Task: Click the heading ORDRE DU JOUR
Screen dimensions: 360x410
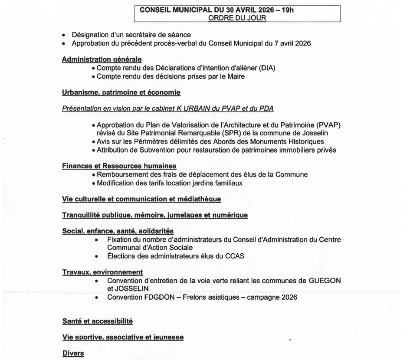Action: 237,17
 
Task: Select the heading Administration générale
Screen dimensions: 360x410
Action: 102,59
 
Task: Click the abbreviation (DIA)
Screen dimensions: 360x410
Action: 266,68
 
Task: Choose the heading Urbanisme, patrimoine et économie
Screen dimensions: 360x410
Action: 121,92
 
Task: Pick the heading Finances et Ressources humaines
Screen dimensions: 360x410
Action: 119,166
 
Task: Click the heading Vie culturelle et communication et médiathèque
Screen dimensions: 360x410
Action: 141,199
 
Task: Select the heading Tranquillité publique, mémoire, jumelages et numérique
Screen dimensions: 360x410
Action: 154,215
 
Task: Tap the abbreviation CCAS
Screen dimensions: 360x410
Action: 235,256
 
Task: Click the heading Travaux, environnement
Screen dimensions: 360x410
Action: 102,272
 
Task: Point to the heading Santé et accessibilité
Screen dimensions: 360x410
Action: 97,321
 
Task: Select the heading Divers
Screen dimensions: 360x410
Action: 73,353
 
